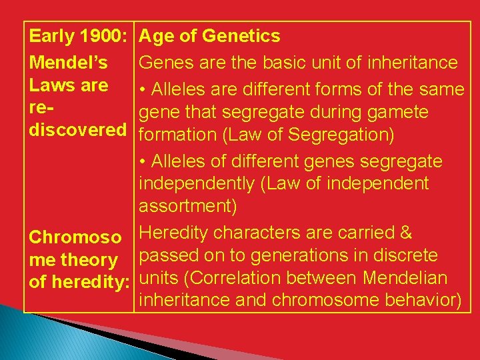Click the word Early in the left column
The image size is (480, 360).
[x=51, y=36]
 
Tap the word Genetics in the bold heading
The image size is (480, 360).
[x=241, y=36]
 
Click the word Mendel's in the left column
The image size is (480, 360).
[x=68, y=63]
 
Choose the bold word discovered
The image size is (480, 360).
[x=77, y=130]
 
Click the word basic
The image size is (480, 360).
[x=285, y=63]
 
